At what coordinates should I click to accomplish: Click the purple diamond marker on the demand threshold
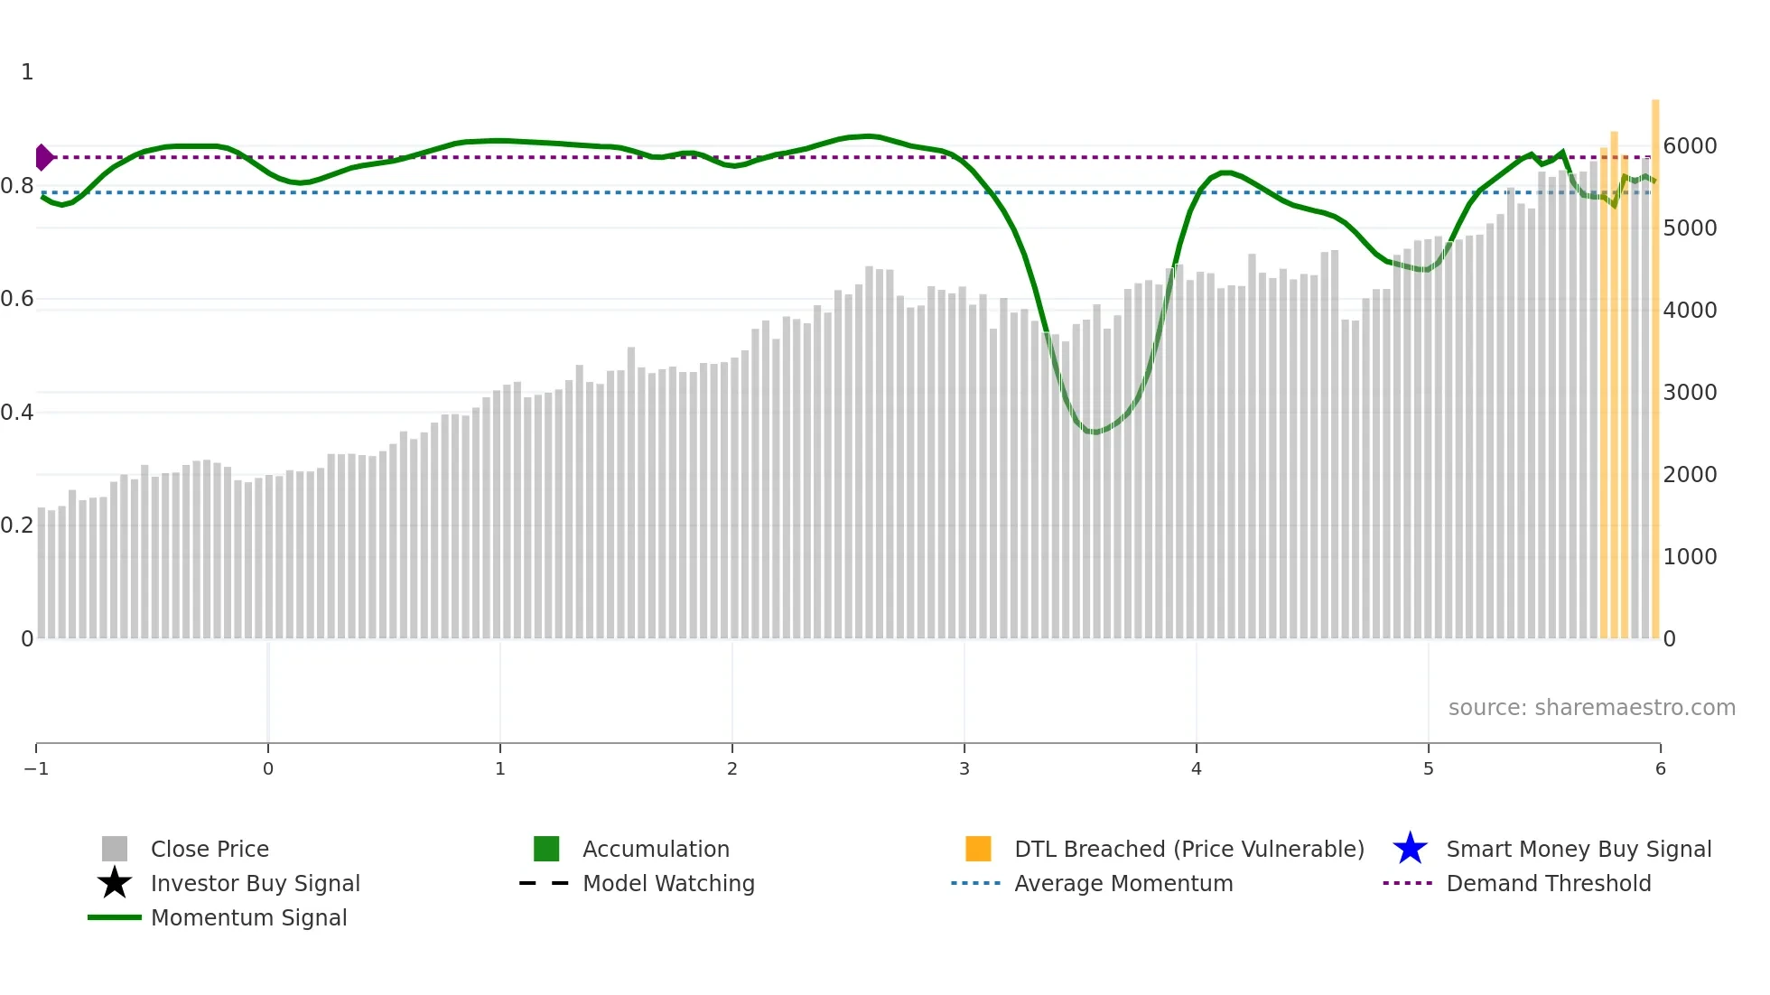(43, 157)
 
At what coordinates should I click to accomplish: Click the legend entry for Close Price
(209, 849)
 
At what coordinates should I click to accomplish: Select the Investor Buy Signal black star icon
(115, 883)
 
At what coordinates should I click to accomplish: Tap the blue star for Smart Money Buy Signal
(1410, 849)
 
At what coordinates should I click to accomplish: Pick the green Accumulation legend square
(546, 849)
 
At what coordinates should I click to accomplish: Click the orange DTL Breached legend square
(978, 849)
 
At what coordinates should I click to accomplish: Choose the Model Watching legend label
(668, 883)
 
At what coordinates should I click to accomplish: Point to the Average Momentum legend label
(1123, 883)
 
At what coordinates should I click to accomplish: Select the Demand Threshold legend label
(1548, 883)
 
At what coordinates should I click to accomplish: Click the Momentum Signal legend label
(248, 917)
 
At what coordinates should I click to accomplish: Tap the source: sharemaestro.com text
(1591, 707)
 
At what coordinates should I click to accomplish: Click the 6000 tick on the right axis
(1690, 145)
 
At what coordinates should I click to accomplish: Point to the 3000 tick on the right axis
(1690, 392)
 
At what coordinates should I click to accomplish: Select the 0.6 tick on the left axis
(17, 299)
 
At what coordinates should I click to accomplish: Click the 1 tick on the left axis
(27, 71)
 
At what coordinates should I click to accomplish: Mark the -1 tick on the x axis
(36, 768)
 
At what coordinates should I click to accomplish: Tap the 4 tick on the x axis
(1196, 768)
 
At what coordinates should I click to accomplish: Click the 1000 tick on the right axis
(1690, 556)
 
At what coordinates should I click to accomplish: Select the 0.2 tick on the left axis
(17, 525)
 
